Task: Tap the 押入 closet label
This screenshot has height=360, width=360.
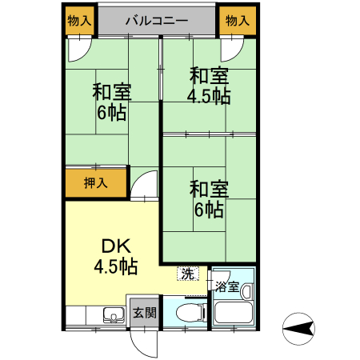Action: (x=95, y=183)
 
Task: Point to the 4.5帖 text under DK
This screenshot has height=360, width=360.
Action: (x=116, y=267)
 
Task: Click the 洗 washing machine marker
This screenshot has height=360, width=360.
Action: (x=186, y=273)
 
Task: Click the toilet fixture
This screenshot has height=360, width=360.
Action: (x=186, y=314)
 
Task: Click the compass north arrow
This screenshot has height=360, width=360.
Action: (x=297, y=326)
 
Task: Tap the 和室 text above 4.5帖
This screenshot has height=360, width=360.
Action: (x=209, y=77)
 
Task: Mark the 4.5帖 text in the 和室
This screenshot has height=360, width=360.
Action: (x=209, y=97)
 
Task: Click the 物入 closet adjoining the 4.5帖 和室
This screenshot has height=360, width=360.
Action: (x=236, y=21)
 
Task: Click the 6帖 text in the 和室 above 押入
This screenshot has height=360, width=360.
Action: (x=112, y=112)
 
